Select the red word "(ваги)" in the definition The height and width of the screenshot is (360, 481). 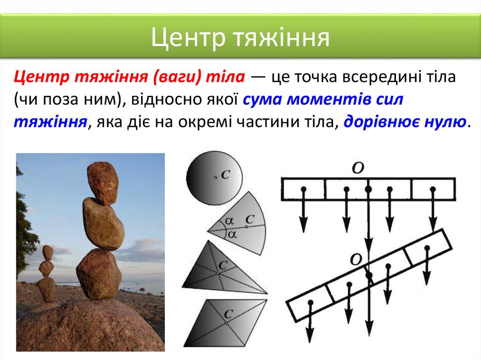click(178, 77)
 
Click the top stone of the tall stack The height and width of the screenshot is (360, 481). click(102, 183)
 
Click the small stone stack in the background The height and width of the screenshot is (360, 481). click(47, 274)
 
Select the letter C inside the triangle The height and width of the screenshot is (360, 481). click(223, 265)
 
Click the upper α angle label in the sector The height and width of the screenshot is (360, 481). click(229, 220)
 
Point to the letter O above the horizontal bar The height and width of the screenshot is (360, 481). click(358, 168)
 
